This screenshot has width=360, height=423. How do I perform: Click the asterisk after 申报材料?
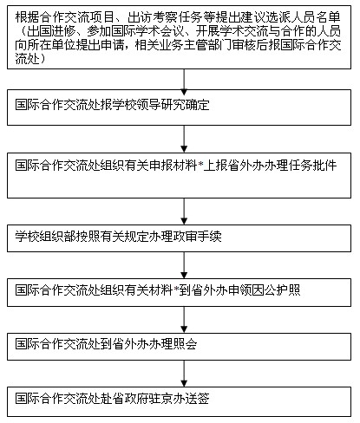click(x=200, y=164)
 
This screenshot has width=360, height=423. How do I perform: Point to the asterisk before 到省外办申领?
click(x=176, y=288)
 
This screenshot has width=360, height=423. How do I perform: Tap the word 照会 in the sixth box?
click(x=185, y=344)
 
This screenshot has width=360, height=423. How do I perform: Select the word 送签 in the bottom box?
click(x=197, y=398)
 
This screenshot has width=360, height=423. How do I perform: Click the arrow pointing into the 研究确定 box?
click(x=184, y=82)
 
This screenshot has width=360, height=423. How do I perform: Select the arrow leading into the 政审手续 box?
click(x=184, y=211)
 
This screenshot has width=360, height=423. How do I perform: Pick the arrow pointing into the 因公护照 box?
click(x=184, y=265)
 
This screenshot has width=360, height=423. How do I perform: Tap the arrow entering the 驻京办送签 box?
click(x=184, y=374)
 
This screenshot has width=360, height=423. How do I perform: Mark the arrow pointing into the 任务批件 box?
click(x=184, y=139)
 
